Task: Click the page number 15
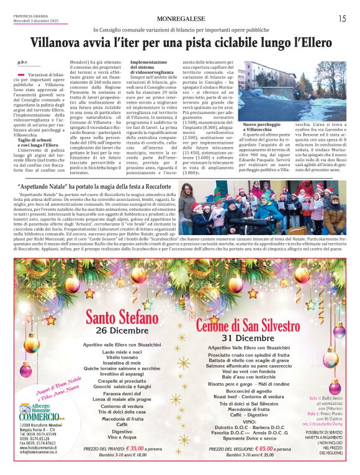coord(342,19)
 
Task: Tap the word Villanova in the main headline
coord(62,43)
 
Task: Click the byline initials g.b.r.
coord(22,63)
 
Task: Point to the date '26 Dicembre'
coord(118,330)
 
